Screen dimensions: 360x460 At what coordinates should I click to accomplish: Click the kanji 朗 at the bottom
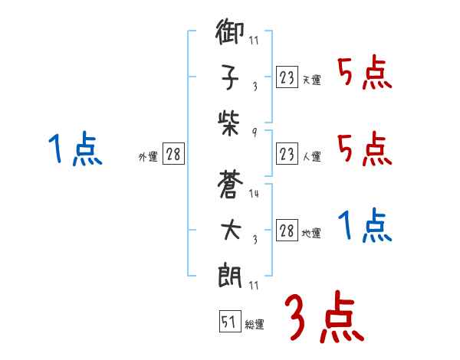click(x=230, y=274)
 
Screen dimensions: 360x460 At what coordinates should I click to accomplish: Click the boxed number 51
click(x=229, y=322)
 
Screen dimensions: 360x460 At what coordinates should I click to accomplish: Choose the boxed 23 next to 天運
click(x=287, y=78)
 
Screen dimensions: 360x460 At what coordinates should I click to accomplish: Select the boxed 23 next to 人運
click(x=287, y=153)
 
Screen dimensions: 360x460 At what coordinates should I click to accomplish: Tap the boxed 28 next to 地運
click(x=287, y=231)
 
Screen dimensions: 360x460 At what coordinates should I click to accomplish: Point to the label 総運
click(x=255, y=325)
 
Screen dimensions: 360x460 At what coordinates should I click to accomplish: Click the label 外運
click(x=148, y=156)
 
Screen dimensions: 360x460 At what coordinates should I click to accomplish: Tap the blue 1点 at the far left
click(x=75, y=149)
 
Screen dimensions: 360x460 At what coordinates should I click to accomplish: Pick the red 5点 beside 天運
click(x=364, y=74)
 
